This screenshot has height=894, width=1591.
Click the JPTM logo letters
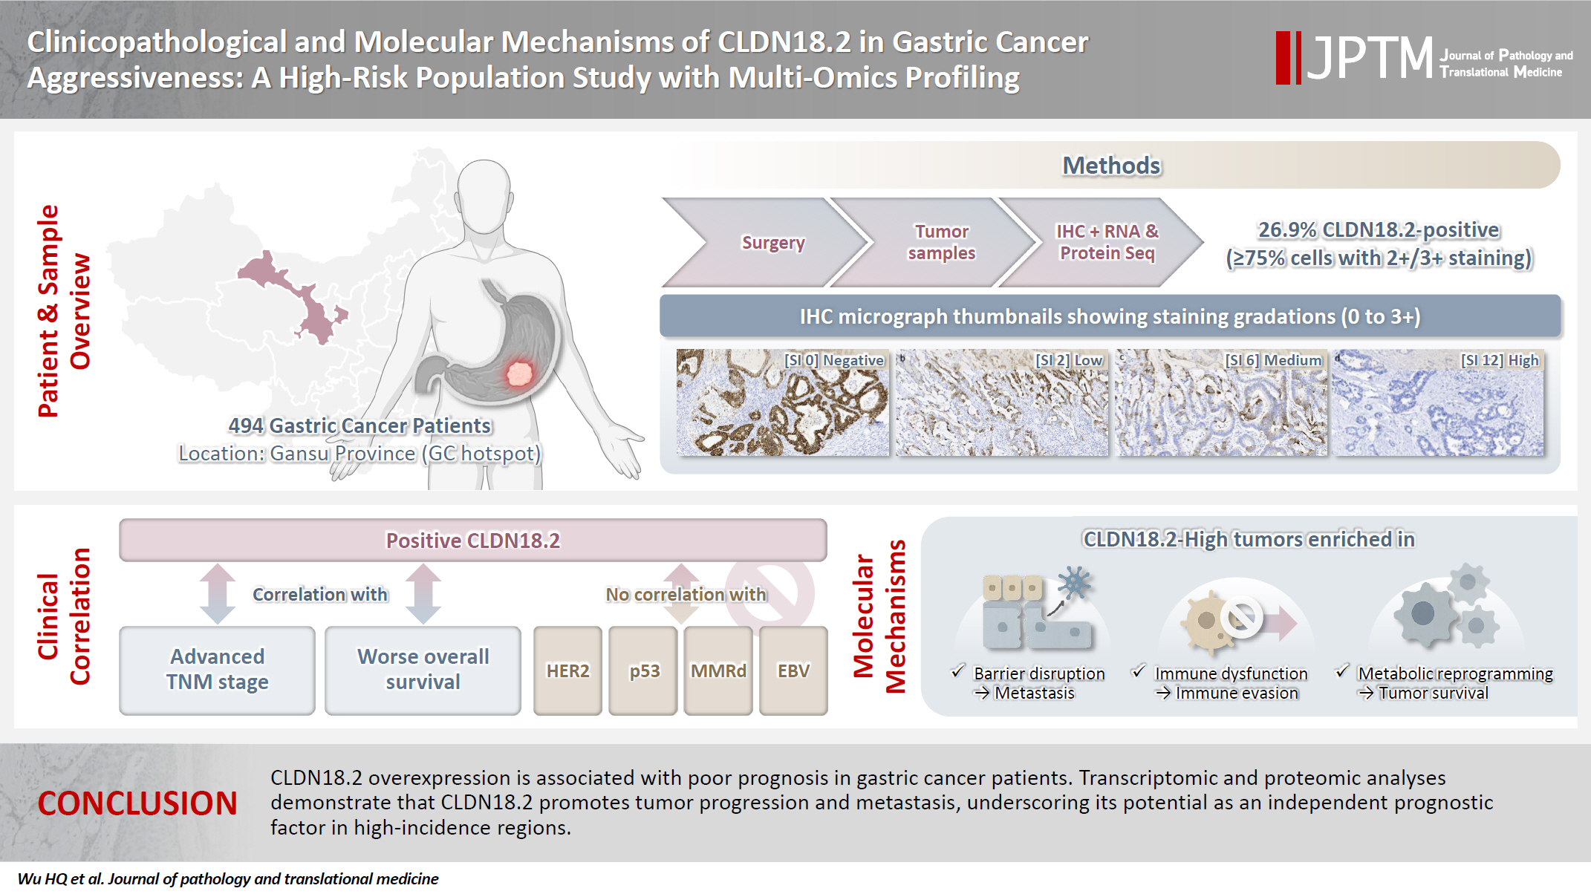coord(1370,57)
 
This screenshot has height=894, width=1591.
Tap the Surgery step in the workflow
coord(772,243)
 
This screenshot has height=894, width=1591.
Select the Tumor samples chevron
coord(940,243)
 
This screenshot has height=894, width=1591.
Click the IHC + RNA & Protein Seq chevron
coord(1106,243)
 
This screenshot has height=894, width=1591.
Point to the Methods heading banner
coord(1110,166)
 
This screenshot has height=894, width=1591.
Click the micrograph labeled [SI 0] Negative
coord(782,402)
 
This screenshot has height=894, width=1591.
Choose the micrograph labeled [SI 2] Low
coord(1001,402)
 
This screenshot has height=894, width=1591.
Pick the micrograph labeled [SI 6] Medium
coord(1220,402)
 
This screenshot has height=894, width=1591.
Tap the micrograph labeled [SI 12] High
coord(1438,402)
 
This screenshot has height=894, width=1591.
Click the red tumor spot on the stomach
coord(519,373)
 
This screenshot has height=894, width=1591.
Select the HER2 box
coord(567,670)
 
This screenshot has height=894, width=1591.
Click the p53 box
coord(643,670)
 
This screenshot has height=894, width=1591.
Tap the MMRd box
coord(718,670)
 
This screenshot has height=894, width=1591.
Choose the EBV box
coord(793,670)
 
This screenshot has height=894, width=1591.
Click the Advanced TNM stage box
coord(217,670)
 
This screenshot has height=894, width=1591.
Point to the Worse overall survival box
coord(423,670)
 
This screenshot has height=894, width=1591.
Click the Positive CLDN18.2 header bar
coord(472,540)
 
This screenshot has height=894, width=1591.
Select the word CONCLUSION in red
coord(137,803)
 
